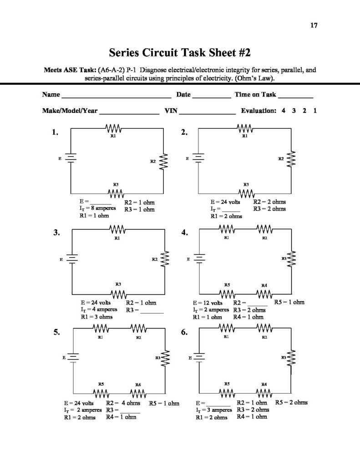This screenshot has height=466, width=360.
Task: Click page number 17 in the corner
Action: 314,25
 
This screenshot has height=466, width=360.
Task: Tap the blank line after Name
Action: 116,96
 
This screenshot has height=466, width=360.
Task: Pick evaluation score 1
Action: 315,111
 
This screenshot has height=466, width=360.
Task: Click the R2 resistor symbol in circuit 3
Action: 165,260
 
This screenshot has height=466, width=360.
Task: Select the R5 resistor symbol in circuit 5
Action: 101,392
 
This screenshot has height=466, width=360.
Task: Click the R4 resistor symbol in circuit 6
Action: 264,392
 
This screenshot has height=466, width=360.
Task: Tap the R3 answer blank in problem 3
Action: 152,312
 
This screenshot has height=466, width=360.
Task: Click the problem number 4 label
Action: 184,233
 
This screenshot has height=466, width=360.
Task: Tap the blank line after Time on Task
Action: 295,96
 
